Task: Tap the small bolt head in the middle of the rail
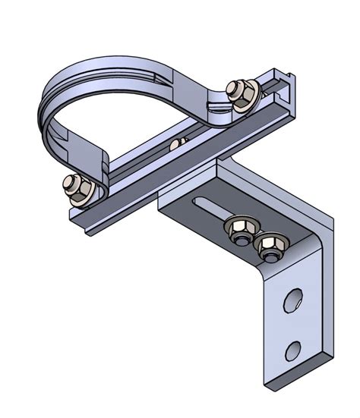click(179, 143)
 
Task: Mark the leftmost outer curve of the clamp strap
click(39, 114)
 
